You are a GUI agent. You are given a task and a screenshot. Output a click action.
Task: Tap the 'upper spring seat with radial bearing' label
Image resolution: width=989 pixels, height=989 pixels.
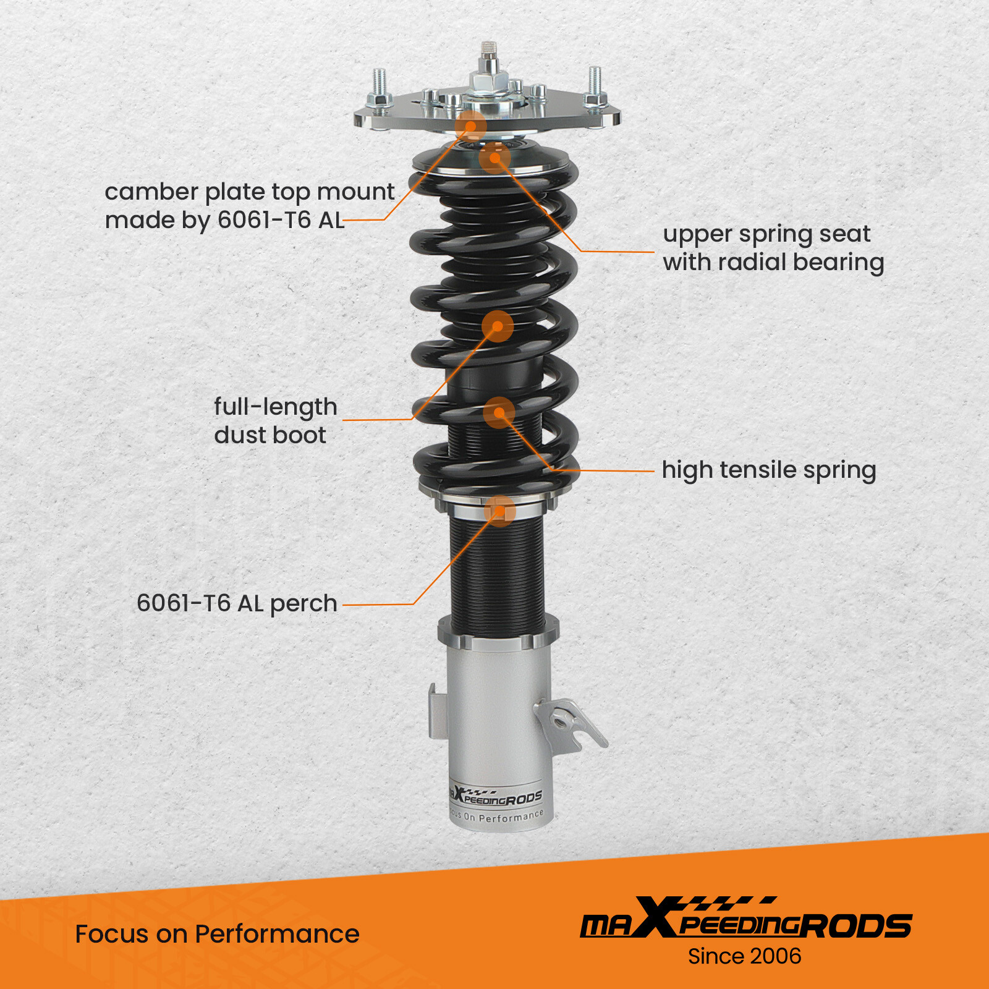click(773, 248)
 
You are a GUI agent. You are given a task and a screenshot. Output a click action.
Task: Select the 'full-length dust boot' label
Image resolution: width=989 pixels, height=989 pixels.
click(275, 421)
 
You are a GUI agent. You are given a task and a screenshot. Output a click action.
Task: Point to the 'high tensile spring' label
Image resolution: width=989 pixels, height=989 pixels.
click(768, 470)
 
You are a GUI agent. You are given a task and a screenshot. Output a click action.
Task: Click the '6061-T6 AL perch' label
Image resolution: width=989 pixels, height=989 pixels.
click(237, 603)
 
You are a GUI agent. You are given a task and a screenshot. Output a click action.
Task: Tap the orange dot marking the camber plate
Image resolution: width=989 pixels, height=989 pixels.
click(471, 127)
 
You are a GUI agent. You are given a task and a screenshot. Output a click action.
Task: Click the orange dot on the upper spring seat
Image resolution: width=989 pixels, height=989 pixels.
click(494, 158)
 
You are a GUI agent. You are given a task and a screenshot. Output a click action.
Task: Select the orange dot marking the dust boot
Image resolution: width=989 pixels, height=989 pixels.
click(498, 326)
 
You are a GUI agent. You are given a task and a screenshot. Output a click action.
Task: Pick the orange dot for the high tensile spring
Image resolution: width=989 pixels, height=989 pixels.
click(499, 412)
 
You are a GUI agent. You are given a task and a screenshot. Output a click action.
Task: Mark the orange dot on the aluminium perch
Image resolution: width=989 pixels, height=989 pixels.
click(499, 511)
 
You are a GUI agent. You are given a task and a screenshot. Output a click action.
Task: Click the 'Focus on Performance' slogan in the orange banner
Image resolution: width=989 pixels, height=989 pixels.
click(217, 934)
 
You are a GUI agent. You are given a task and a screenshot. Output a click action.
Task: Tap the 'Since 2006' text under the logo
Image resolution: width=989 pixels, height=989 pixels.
click(744, 956)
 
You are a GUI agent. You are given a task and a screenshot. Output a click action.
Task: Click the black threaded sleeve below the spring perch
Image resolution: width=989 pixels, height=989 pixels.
click(497, 569)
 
